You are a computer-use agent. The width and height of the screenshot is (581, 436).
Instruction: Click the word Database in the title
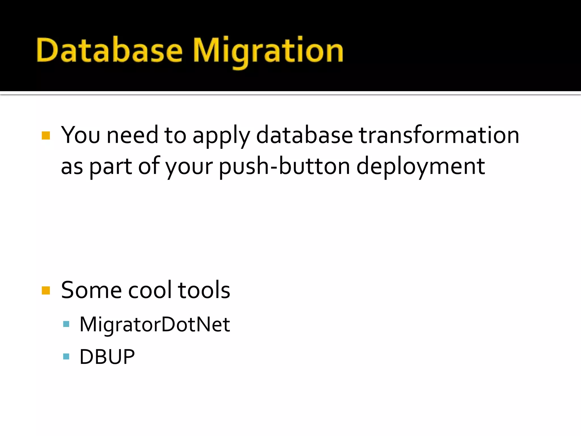[109, 51]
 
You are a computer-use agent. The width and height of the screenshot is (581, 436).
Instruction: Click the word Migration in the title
[268, 51]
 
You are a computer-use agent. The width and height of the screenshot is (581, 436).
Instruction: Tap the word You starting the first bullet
[81, 135]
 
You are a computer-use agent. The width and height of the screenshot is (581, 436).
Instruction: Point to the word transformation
[439, 135]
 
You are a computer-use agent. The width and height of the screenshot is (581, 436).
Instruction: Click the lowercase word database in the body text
[304, 135]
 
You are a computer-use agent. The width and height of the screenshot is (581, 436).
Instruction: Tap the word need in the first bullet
[132, 135]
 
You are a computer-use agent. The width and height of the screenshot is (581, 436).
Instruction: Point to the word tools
[204, 290]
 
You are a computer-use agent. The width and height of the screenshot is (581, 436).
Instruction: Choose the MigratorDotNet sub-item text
[155, 324]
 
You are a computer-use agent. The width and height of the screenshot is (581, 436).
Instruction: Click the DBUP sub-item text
[107, 357]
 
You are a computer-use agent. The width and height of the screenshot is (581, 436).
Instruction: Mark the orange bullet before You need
[46, 135]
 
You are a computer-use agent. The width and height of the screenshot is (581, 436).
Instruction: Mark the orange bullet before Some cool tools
[46, 290]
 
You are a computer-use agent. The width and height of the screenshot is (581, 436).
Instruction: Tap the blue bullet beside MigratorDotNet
[66, 324]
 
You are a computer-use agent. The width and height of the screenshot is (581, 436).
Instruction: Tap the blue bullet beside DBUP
[66, 357]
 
